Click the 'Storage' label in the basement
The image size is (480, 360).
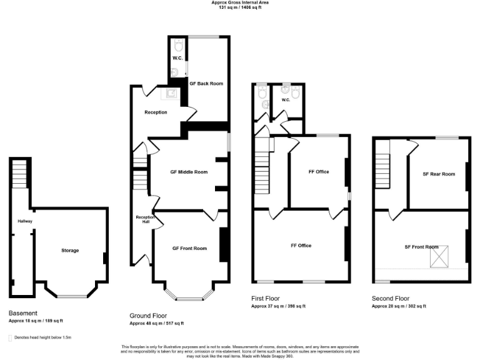(x=70, y=251)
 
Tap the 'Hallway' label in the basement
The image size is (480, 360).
(x=25, y=221)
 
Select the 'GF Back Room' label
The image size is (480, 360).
(x=206, y=83)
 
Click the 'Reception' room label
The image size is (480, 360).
(x=156, y=112)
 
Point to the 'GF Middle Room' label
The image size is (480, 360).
(x=189, y=172)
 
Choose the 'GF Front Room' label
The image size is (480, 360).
(x=189, y=248)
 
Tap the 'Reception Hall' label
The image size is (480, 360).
(x=141, y=219)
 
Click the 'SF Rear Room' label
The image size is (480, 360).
(x=439, y=174)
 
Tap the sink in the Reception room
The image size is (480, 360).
(x=171, y=94)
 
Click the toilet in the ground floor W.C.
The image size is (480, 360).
(x=178, y=46)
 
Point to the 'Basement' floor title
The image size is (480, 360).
(x=23, y=313)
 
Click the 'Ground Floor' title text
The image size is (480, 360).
(x=148, y=316)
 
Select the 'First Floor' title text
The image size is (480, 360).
(x=267, y=299)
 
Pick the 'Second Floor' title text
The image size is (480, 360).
(x=391, y=299)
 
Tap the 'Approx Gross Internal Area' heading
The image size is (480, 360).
(x=239, y=2)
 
